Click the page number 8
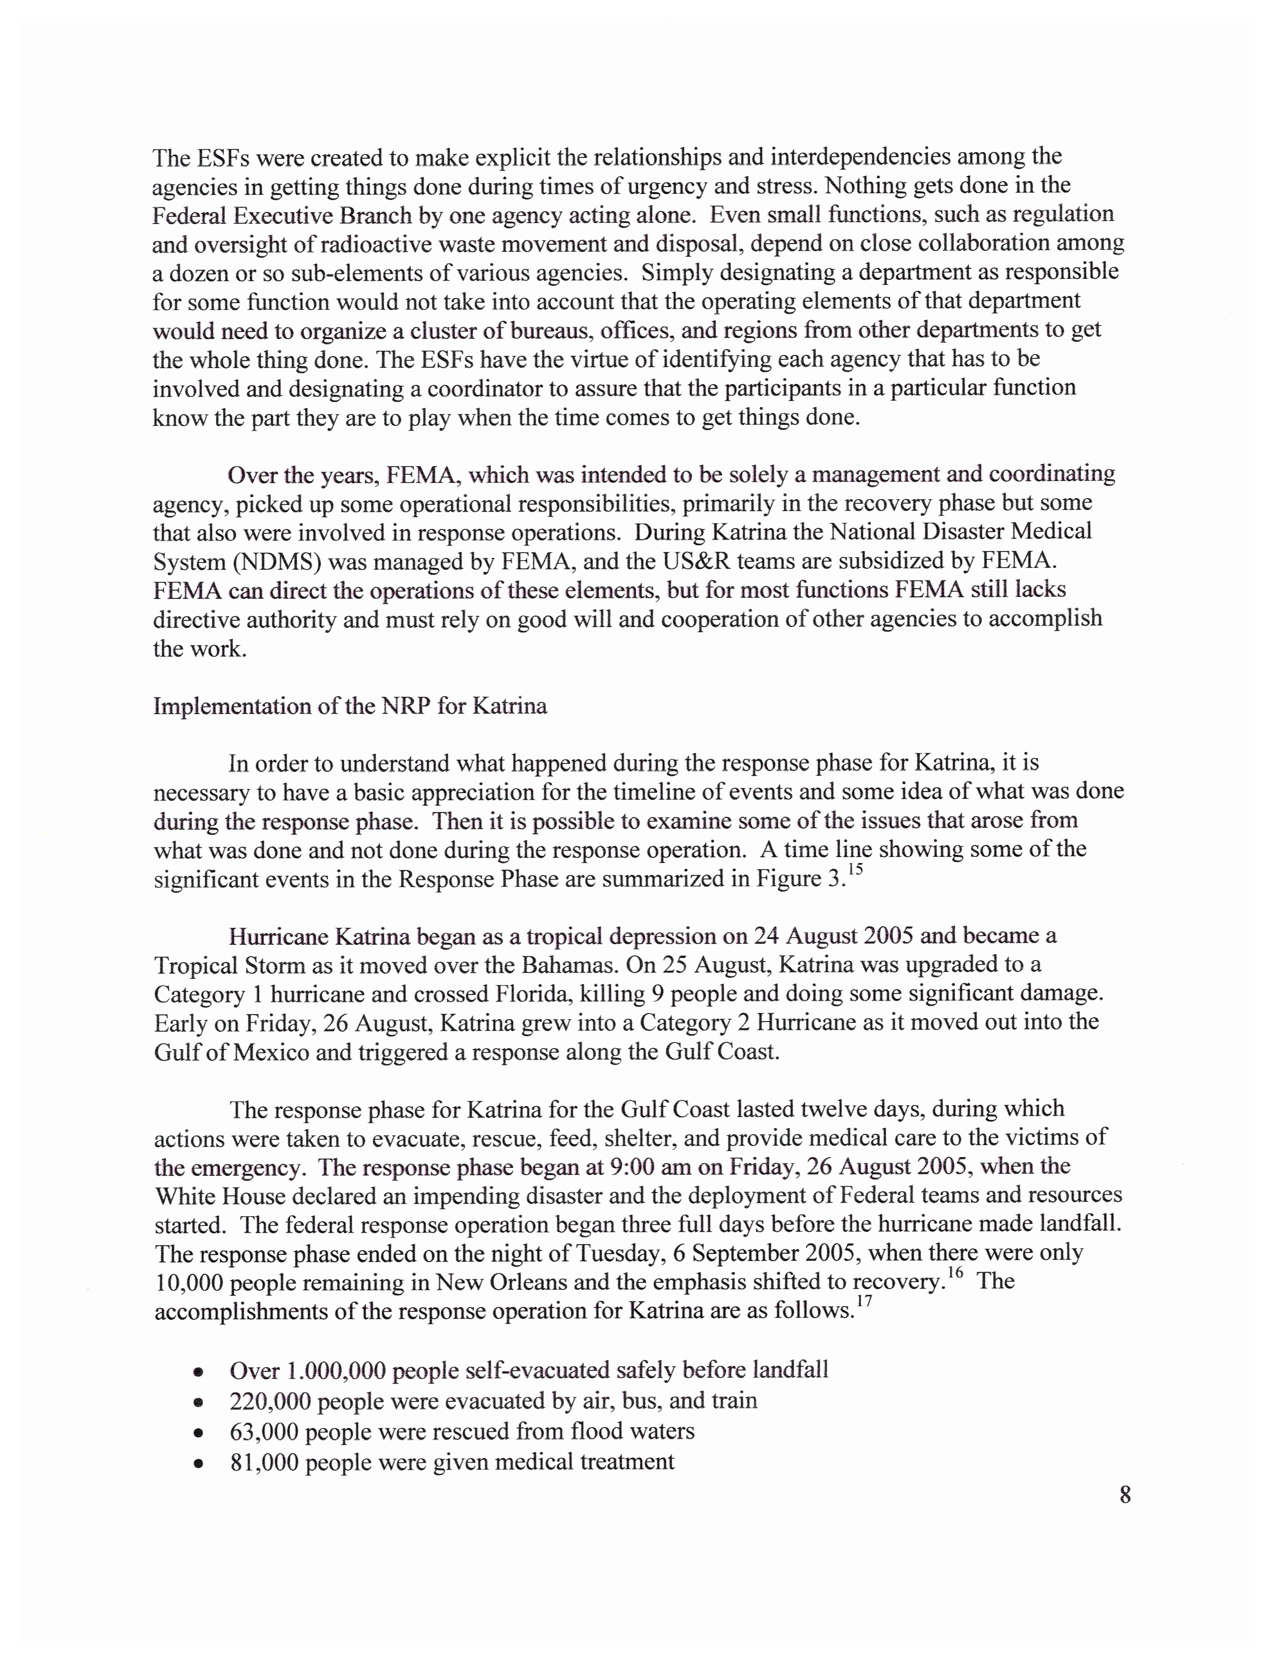click(x=1125, y=1494)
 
